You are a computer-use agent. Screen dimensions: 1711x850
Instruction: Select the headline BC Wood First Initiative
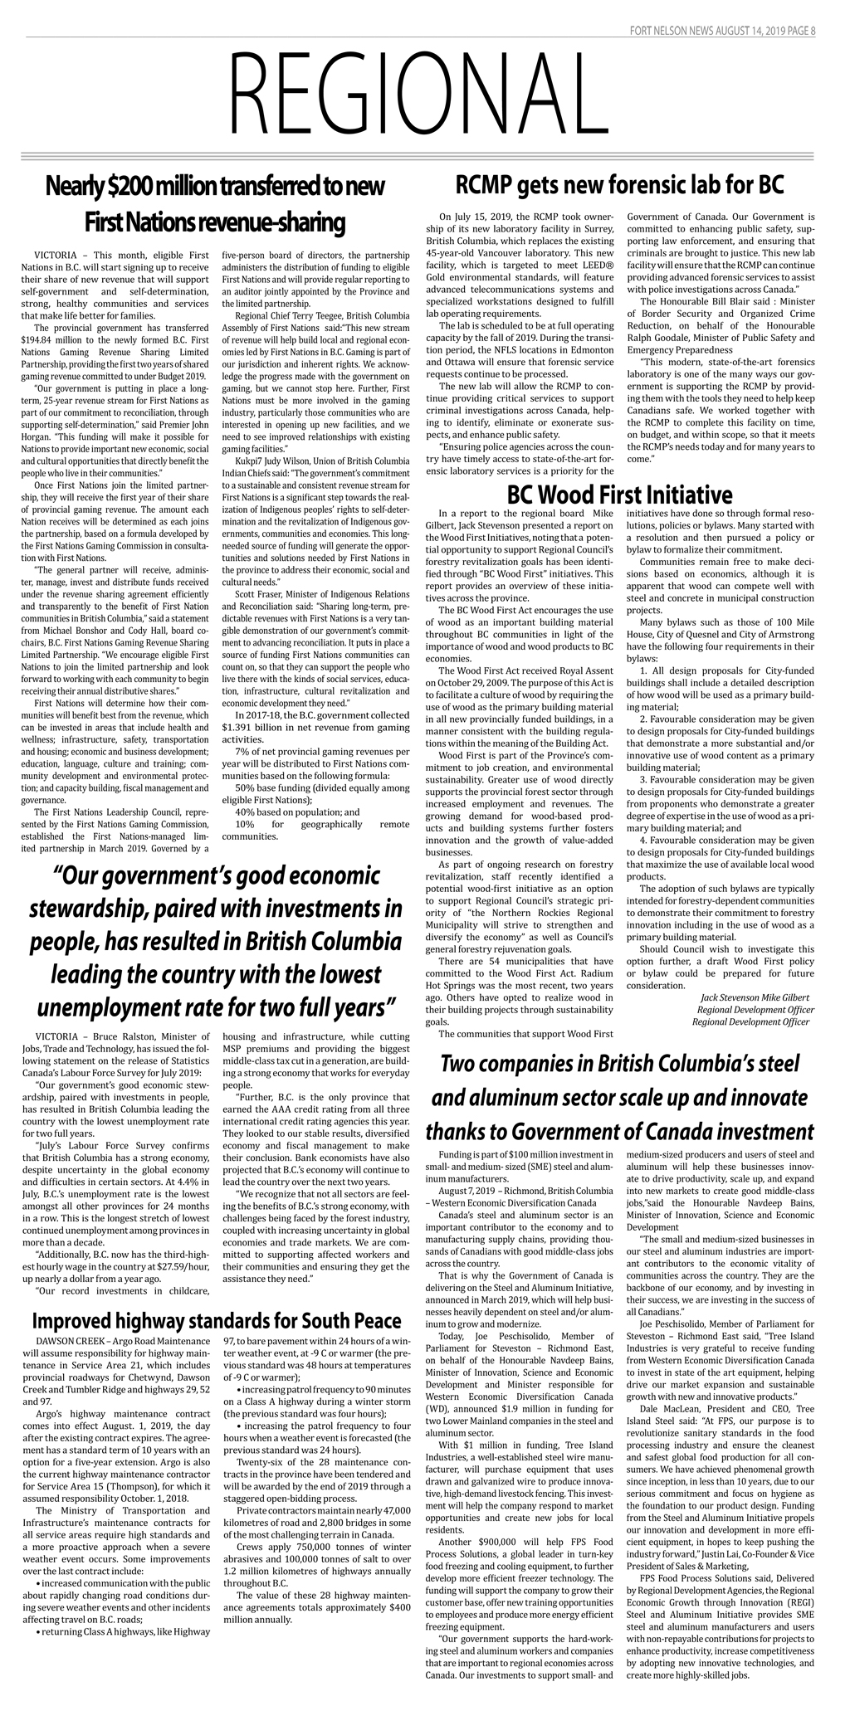[x=619, y=495]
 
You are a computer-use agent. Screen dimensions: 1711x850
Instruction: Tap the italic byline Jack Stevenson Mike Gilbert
[x=755, y=997]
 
